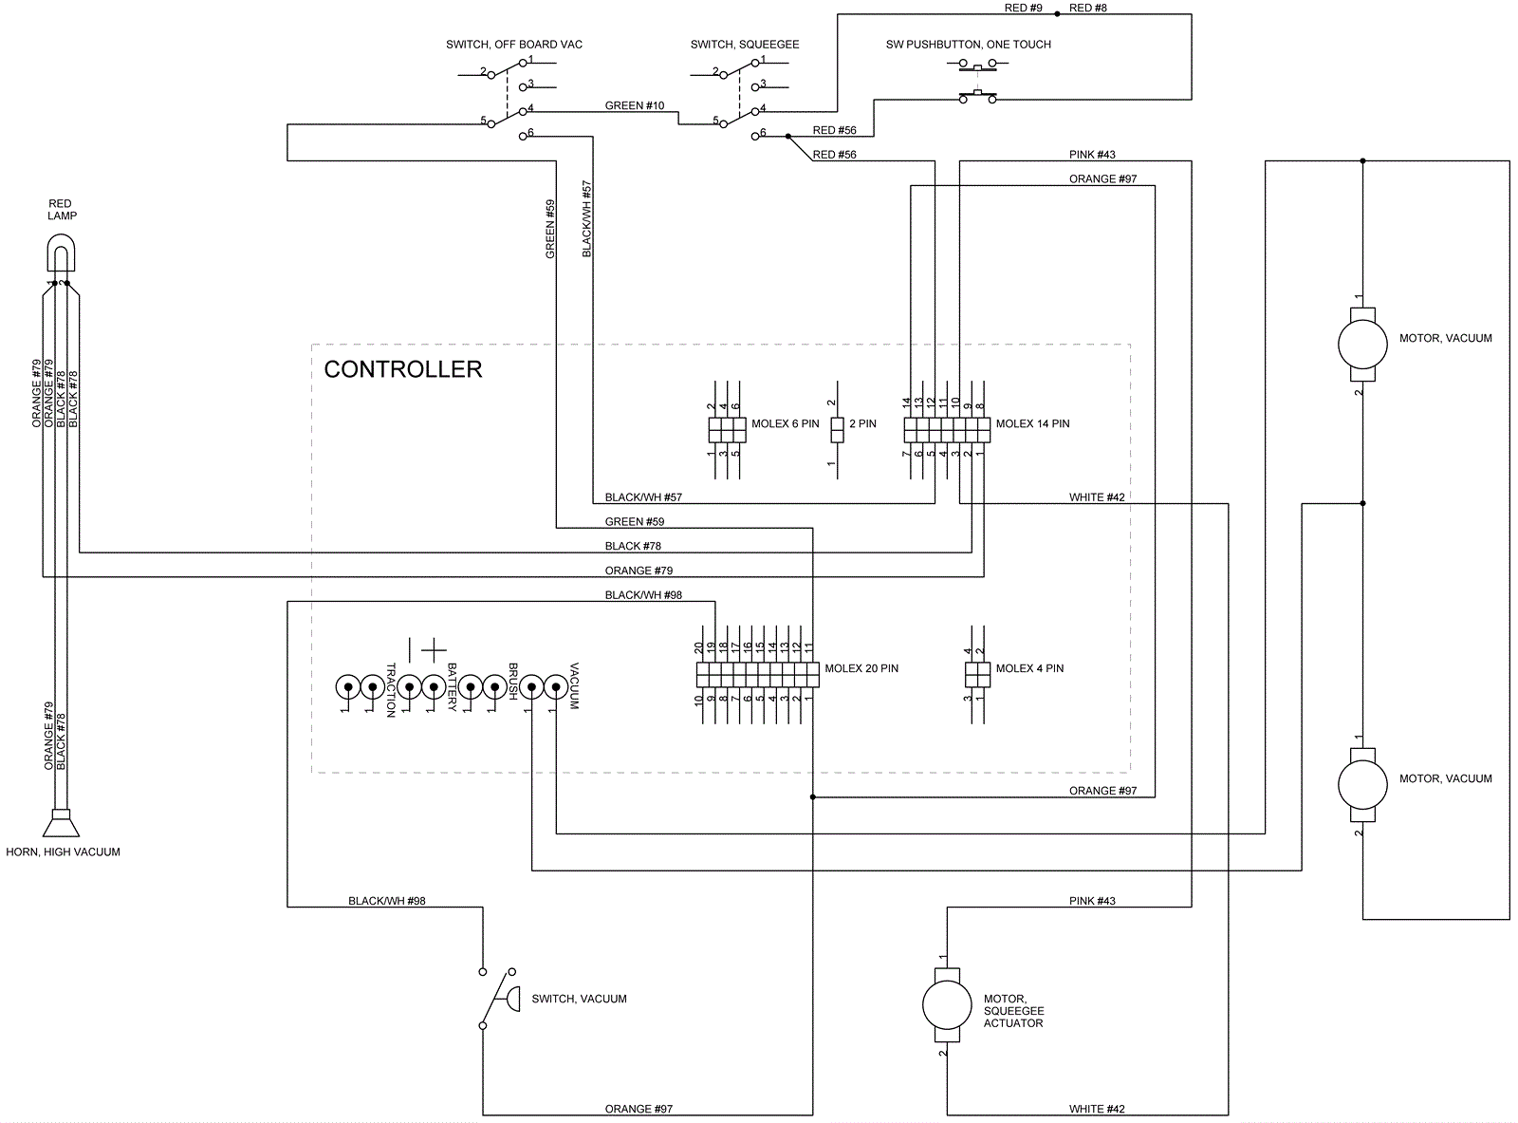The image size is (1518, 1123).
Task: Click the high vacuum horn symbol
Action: pyautogui.click(x=61, y=822)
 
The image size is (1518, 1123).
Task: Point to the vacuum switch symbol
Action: pyautogui.click(x=499, y=999)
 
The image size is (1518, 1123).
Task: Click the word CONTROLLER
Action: pyautogui.click(x=403, y=369)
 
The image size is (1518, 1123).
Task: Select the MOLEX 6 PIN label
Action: pyautogui.click(x=785, y=423)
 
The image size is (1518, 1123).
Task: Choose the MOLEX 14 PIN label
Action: pyautogui.click(x=1032, y=423)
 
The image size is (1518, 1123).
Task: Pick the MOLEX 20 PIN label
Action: pyautogui.click(x=861, y=668)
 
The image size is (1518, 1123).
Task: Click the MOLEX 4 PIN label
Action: pyautogui.click(x=1029, y=668)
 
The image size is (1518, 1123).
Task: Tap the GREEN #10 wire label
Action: pyautogui.click(x=635, y=105)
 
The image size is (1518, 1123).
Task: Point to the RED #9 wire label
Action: pyautogui.click(x=1023, y=8)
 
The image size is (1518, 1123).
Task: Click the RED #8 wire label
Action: pyautogui.click(x=1088, y=8)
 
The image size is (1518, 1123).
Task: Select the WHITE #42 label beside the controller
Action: pyautogui.click(x=1097, y=497)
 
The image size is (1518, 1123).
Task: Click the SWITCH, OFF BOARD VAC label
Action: pyautogui.click(x=514, y=45)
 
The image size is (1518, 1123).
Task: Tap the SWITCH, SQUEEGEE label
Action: pyautogui.click(x=745, y=45)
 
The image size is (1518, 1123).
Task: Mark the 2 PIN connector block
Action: pyautogui.click(x=837, y=430)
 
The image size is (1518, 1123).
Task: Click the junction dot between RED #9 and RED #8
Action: pyautogui.click(x=1058, y=14)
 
